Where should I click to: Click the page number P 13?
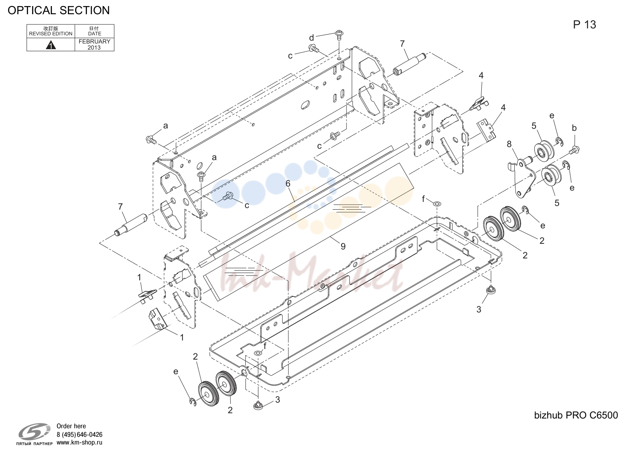[x=585, y=25]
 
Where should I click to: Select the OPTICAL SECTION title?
[x=58, y=10]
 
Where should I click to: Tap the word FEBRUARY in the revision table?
[x=95, y=41]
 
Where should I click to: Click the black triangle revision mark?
[x=51, y=45]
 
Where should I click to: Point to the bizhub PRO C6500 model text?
[x=576, y=415]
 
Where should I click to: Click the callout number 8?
[x=509, y=144]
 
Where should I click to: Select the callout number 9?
[x=343, y=246]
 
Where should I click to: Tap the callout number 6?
[x=288, y=183]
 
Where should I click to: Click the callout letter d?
[x=311, y=37]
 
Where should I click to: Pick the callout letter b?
[x=574, y=128]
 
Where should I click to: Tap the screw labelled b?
[x=574, y=149]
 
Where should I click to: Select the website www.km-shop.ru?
[x=79, y=442]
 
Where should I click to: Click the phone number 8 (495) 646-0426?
[x=79, y=434]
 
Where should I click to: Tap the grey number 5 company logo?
[x=34, y=432]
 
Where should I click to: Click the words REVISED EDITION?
[x=51, y=34]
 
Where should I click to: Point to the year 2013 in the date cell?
[x=94, y=48]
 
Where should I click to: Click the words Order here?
[x=71, y=426]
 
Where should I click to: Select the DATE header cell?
[x=95, y=31]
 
